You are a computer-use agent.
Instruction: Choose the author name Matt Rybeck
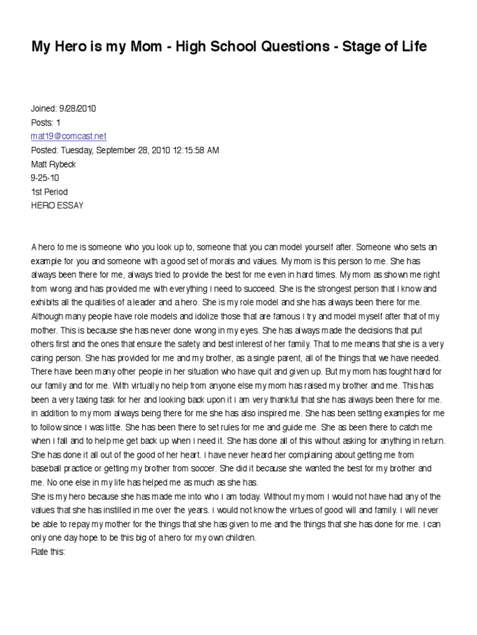[53, 164]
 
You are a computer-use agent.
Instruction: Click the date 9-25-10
[45, 178]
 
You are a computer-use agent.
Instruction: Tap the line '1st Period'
[50, 192]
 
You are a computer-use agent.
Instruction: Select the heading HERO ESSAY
[57, 205]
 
